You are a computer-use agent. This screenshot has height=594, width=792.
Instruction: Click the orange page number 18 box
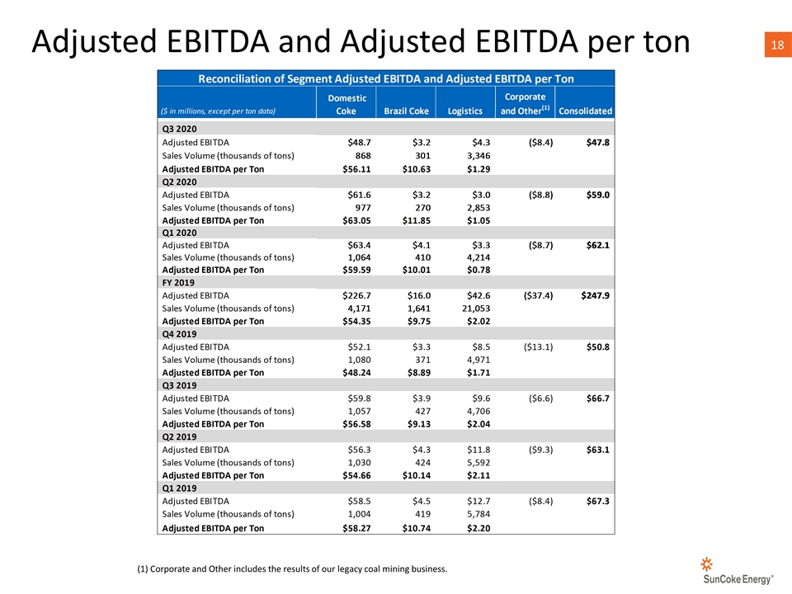tap(778, 45)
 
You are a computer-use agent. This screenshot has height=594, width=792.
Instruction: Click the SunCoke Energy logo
tap(738, 571)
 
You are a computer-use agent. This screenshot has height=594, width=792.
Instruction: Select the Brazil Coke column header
tap(406, 111)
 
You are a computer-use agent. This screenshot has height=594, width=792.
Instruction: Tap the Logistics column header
tap(465, 111)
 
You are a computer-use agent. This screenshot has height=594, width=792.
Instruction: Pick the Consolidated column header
tap(586, 111)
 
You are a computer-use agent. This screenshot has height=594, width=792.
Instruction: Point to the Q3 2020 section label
tap(179, 129)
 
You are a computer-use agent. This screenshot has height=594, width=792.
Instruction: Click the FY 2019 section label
tap(178, 283)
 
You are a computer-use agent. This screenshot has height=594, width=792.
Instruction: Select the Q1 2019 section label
tap(179, 488)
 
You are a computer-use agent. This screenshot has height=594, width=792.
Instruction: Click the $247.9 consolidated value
tap(595, 295)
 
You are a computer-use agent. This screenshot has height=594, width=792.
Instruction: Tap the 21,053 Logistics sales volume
tap(476, 309)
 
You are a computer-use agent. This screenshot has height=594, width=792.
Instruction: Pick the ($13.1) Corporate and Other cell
tap(539, 347)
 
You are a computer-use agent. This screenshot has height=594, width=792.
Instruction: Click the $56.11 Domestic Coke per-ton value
tap(356, 169)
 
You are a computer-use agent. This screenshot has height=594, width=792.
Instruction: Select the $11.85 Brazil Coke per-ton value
tap(416, 221)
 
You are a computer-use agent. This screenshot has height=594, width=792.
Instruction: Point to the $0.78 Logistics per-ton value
tap(478, 271)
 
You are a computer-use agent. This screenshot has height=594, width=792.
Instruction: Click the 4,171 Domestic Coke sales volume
tap(359, 309)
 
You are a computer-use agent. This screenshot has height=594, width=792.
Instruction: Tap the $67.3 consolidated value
tap(598, 501)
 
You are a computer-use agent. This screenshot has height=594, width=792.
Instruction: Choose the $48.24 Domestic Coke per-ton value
tap(356, 373)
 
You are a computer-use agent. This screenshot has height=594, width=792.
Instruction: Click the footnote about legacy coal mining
tap(292, 568)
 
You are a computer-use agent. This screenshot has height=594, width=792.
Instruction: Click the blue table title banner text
tap(386, 79)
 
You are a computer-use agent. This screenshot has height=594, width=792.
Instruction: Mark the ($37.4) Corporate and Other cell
tap(539, 295)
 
